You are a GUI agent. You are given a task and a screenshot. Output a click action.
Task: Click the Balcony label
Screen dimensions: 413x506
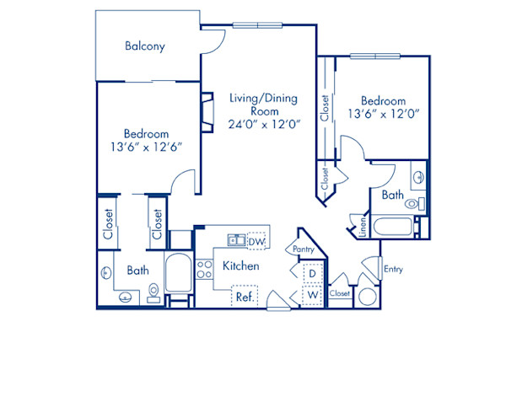pyautogui.click(x=144, y=46)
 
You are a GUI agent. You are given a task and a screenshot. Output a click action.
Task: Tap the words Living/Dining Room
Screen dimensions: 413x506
pyautogui.click(x=264, y=105)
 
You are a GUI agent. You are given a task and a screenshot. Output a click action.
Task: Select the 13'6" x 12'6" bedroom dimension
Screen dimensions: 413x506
pyautogui.click(x=146, y=147)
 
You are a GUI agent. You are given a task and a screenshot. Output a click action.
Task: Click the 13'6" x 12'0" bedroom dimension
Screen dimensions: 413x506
pyautogui.click(x=384, y=112)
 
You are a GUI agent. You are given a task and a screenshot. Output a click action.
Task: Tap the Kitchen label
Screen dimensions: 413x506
pyautogui.click(x=240, y=266)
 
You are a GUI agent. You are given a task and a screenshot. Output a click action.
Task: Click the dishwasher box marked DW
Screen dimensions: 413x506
pyautogui.click(x=256, y=243)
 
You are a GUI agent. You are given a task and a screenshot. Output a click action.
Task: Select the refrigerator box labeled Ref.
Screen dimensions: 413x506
pyautogui.click(x=245, y=297)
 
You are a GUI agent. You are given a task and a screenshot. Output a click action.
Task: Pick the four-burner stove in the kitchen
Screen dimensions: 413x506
pyautogui.click(x=203, y=269)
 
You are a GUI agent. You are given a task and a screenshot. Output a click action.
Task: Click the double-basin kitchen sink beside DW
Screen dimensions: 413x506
pyautogui.click(x=236, y=242)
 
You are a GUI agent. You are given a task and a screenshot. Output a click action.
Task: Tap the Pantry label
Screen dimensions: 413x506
pyautogui.click(x=304, y=250)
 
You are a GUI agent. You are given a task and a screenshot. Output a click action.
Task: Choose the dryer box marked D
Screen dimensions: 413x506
pyautogui.click(x=310, y=274)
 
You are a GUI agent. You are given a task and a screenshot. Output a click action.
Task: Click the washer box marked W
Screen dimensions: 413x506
pyautogui.click(x=310, y=295)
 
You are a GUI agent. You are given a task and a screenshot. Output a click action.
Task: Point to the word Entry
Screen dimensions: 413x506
pyautogui.click(x=393, y=270)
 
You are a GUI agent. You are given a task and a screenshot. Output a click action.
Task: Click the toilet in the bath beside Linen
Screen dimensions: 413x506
pyautogui.click(x=412, y=203)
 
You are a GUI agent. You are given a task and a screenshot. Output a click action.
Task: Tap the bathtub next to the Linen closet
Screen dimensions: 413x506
pyautogui.click(x=392, y=228)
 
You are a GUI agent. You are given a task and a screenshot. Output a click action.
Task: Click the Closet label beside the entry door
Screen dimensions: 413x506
pyautogui.click(x=339, y=293)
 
